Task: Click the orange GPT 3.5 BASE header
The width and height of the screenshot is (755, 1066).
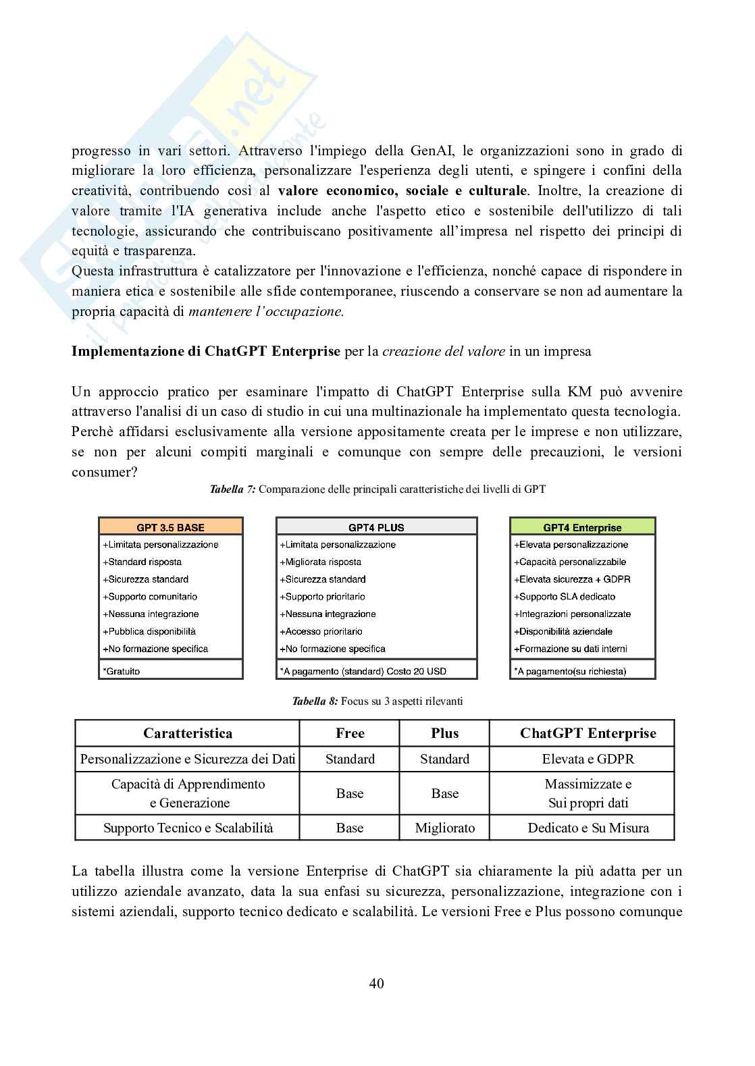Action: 170,527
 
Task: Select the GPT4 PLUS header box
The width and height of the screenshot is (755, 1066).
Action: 376,527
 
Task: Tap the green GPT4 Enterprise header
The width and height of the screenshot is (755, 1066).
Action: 582,527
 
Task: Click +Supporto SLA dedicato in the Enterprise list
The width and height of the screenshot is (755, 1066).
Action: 565,597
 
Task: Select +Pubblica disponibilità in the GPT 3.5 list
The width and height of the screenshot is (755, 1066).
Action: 149,631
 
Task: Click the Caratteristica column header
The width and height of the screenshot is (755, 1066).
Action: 187,733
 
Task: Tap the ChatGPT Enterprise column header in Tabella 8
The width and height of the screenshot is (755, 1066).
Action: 588,733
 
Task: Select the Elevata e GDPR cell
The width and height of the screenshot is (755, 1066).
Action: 588,759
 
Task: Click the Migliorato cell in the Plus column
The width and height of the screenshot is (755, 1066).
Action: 444,828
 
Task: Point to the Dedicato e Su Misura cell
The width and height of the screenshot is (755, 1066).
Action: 588,828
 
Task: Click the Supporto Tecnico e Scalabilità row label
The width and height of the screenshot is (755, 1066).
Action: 188,828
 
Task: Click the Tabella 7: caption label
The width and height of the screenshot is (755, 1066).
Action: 232,489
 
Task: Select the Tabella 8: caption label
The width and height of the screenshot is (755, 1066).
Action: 315,701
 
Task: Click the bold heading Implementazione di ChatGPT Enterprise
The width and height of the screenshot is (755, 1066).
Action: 206,351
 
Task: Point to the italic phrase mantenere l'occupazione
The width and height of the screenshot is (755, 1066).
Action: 266,311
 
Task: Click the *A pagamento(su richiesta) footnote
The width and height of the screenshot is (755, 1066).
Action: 570,671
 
